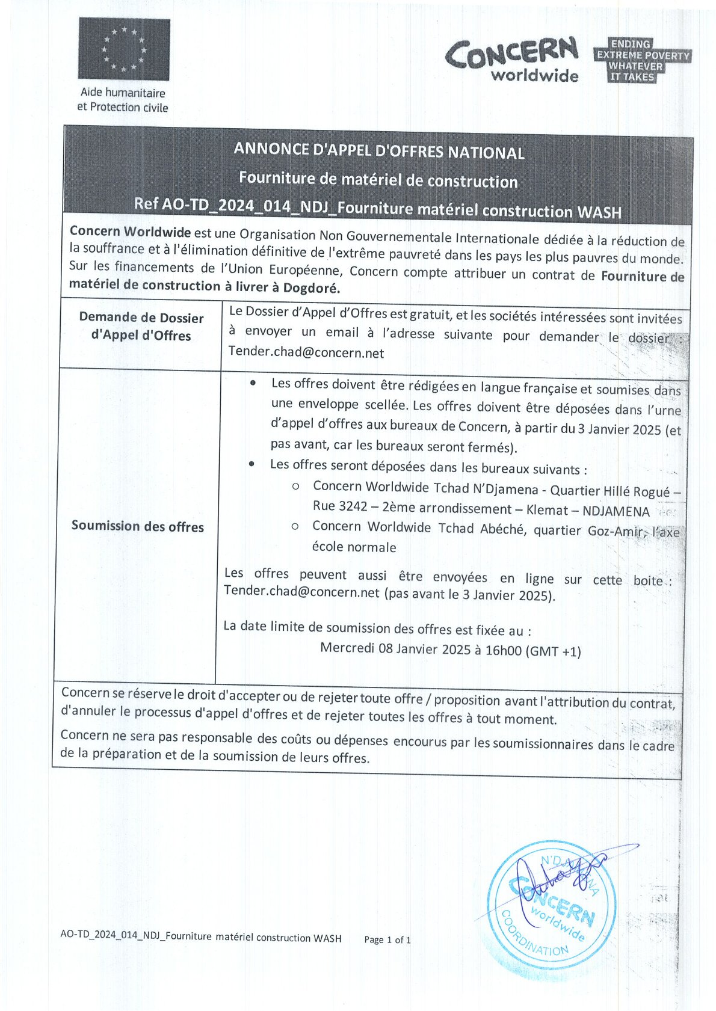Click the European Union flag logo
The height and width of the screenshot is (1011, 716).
point(124,49)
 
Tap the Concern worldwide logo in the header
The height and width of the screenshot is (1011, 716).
point(512,60)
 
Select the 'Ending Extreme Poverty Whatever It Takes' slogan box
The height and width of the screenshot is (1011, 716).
point(641,61)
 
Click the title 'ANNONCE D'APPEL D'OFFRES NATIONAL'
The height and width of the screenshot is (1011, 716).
point(379,151)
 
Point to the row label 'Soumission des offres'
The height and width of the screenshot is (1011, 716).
point(138,526)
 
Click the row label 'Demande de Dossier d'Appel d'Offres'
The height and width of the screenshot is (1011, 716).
point(141,327)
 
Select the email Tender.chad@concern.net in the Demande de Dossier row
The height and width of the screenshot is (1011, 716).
point(306,353)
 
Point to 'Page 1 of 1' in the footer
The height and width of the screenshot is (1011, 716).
point(387,939)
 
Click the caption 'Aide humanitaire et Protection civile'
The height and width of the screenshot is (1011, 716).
point(123,100)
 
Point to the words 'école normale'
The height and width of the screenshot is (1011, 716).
point(354,547)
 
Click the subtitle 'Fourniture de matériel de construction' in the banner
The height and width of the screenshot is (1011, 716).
point(378,180)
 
